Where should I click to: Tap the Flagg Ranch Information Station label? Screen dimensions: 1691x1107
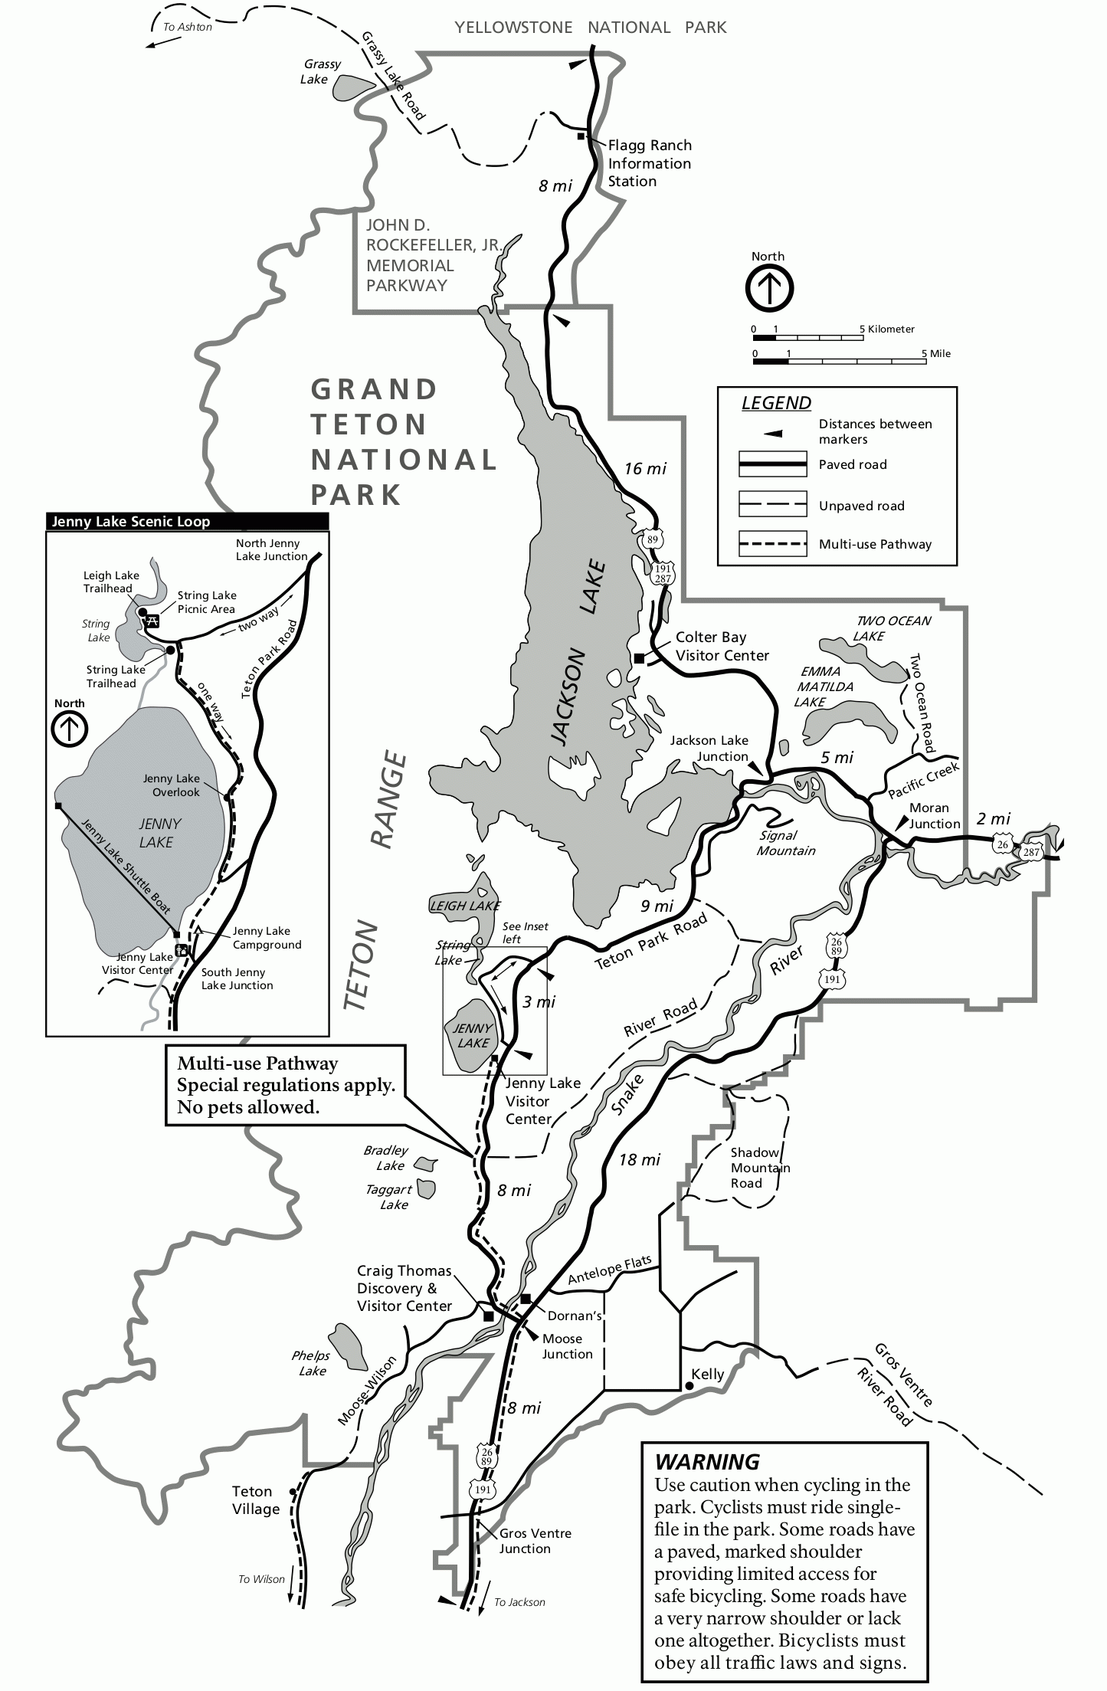pyautogui.click(x=649, y=163)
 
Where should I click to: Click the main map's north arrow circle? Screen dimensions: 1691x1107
pyautogui.click(x=769, y=288)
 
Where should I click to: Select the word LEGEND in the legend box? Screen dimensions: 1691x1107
pyautogui.click(x=776, y=403)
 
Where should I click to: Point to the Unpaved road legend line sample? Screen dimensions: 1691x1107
pyautogui.click(x=772, y=504)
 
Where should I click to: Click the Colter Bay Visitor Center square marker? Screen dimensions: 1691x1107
pyautogui.click(x=639, y=657)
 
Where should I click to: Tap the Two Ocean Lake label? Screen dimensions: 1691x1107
pyautogui.click(x=892, y=628)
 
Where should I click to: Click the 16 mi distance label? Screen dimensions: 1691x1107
pyautogui.click(x=645, y=468)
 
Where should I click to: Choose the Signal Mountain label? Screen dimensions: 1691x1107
pyautogui.click(x=785, y=843)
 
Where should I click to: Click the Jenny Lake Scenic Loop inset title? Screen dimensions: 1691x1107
pyautogui.click(x=130, y=522)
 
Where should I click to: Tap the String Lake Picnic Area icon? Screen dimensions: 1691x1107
pyautogui.click(x=152, y=621)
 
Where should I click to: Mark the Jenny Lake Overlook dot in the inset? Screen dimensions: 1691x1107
pyautogui.click(x=227, y=798)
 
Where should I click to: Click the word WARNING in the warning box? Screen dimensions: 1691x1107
pyautogui.click(x=706, y=1461)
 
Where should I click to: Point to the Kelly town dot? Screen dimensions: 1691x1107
pyautogui.click(x=686, y=1386)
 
